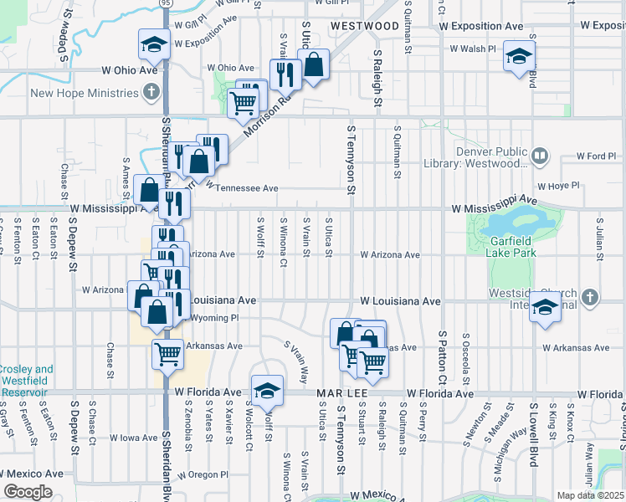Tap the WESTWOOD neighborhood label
pyautogui.click(x=364, y=26)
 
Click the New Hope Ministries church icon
pyautogui.click(x=151, y=91)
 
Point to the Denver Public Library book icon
pyautogui.click(x=541, y=155)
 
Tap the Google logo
pyautogui.click(x=28, y=492)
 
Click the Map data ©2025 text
pyautogui.click(x=590, y=495)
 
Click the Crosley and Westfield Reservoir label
pyautogui.click(x=26, y=375)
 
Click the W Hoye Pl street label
pyautogui.click(x=559, y=187)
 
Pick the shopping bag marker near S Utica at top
pyautogui.click(x=313, y=65)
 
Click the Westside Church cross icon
pyautogui.click(x=591, y=297)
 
